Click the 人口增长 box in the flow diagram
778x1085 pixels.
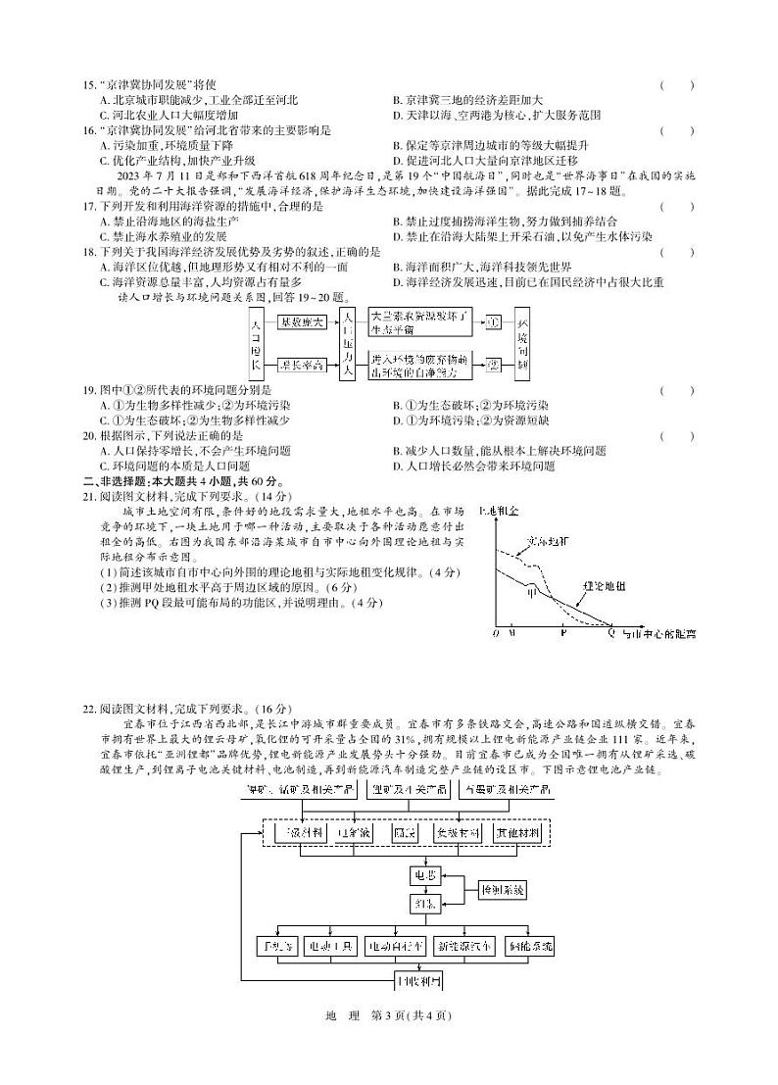[255, 342]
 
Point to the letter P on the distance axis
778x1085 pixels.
[562, 634]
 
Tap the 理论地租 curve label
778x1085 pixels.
[605, 585]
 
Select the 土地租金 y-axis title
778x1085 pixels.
[499, 512]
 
